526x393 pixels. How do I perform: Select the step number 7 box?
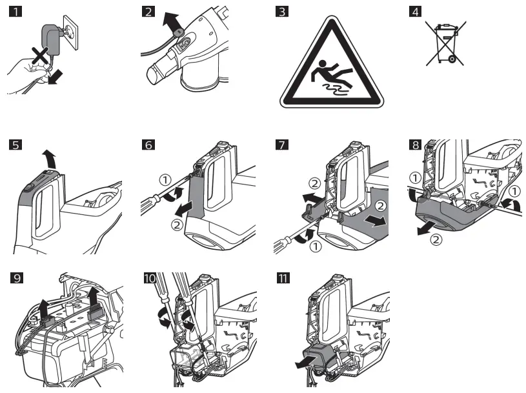281,145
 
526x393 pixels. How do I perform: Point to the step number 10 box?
150,279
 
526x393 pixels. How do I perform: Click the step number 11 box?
282,279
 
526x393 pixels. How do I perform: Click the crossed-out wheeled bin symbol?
445,43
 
